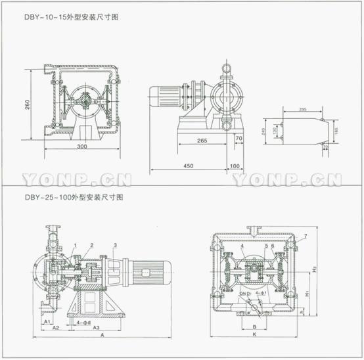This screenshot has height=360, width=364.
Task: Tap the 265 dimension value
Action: [x=201, y=140]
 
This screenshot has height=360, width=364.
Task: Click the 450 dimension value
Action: [x=189, y=165]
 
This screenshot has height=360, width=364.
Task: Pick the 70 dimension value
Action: [x=239, y=139]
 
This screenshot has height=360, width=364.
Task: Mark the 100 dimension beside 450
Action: [x=235, y=165]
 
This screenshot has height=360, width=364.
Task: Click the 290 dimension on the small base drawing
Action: [x=304, y=110]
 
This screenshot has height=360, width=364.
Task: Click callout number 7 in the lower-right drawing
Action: [x=304, y=236]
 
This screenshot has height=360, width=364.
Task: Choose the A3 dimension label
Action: [x=96, y=326]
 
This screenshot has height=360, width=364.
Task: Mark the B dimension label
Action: [x=254, y=325]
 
